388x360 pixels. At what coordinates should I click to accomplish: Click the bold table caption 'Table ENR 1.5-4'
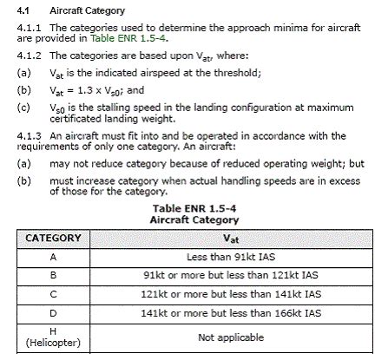(x=194, y=209)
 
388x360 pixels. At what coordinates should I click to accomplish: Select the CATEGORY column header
(x=53, y=238)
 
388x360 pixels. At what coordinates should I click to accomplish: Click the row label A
(x=53, y=258)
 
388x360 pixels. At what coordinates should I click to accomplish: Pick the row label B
(x=53, y=276)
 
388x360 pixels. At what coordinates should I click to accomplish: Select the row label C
(x=53, y=294)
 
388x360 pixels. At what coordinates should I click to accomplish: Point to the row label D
(x=53, y=312)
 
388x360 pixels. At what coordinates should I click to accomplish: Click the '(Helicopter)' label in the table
(x=53, y=343)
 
